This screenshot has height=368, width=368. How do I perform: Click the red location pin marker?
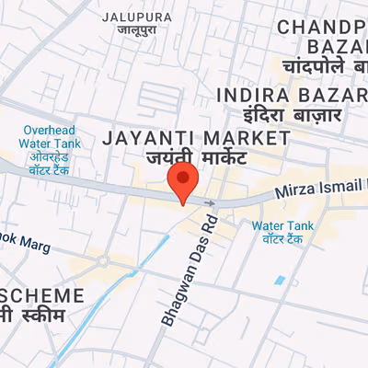[x=182, y=181]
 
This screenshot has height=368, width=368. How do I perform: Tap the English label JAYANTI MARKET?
[x=197, y=138]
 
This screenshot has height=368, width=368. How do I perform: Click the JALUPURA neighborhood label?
[x=136, y=17]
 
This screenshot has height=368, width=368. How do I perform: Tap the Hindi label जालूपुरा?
[x=136, y=30]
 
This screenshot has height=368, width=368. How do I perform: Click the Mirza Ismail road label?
[x=322, y=190]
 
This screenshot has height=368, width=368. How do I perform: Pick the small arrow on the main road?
[x=210, y=202]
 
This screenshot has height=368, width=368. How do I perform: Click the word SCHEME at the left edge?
[x=40, y=296]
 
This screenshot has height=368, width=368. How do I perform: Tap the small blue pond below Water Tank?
[x=280, y=279]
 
